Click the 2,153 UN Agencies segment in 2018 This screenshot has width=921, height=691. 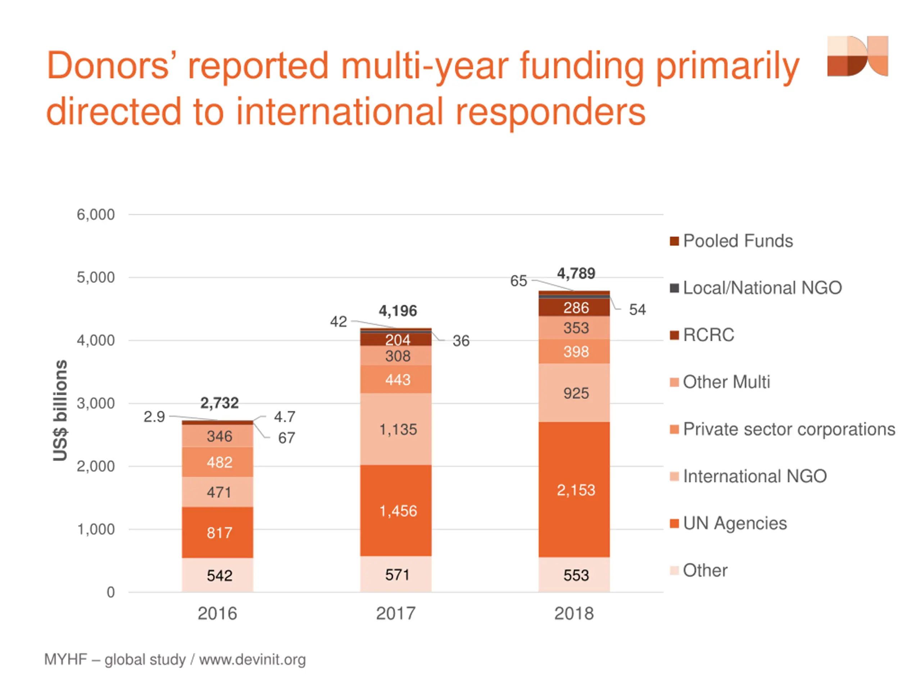click(576, 490)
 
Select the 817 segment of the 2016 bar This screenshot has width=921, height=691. click(219, 533)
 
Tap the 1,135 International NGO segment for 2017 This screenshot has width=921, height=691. click(398, 429)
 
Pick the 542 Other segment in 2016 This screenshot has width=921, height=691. click(219, 575)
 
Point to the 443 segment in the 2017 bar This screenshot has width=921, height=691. click(398, 380)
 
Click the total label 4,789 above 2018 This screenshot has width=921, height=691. click(576, 274)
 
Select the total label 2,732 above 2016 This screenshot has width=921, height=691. click(219, 403)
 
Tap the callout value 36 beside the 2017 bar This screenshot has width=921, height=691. click(461, 341)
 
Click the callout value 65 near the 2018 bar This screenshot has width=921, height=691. click(518, 281)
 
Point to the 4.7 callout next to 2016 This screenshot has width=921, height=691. click(285, 417)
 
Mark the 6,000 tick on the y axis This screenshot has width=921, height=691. click(95, 215)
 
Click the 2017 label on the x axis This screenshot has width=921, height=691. click(395, 614)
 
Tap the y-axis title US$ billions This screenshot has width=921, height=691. click(60, 410)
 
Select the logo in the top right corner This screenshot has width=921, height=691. click(857, 56)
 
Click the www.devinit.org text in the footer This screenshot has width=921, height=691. click(252, 660)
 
